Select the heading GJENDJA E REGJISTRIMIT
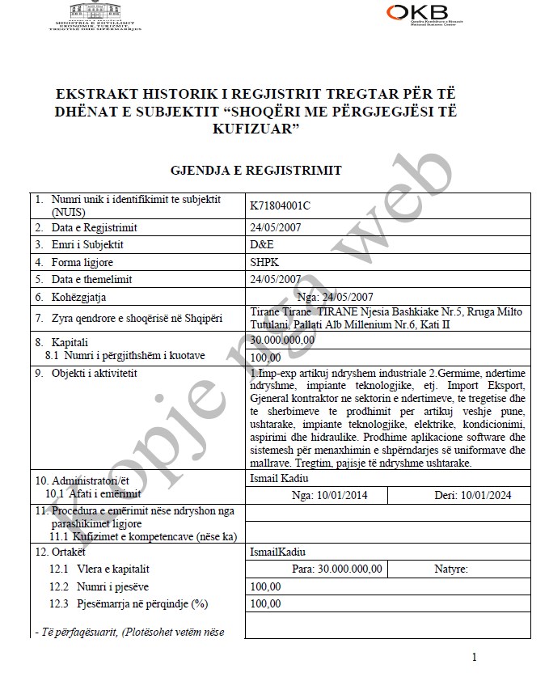[255, 171]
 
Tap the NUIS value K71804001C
[281, 205]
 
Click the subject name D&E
[261, 244]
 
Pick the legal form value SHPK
[264, 262]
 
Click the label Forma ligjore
[82, 262]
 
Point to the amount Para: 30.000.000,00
[337, 569]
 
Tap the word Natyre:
[451, 569]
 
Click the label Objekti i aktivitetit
[95, 373]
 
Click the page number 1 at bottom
[474, 658]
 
